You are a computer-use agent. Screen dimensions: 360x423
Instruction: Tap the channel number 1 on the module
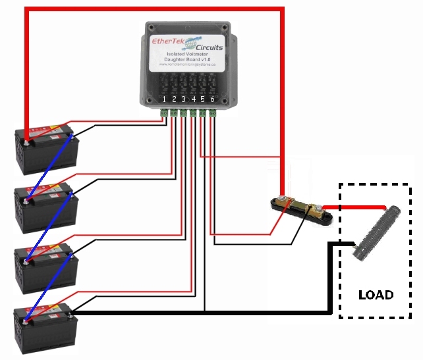click(164, 99)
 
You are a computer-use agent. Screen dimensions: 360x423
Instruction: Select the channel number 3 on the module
click(183, 99)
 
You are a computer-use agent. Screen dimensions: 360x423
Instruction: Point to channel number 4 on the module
click(193, 99)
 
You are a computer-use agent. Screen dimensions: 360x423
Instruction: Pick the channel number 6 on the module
click(212, 99)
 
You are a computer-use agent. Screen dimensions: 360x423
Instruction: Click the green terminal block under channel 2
click(174, 113)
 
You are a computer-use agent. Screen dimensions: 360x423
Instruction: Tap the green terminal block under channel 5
click(203, 113)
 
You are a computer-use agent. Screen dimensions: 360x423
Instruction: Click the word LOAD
click(376, 294)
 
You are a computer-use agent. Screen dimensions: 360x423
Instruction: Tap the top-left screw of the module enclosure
click(151, 28)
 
